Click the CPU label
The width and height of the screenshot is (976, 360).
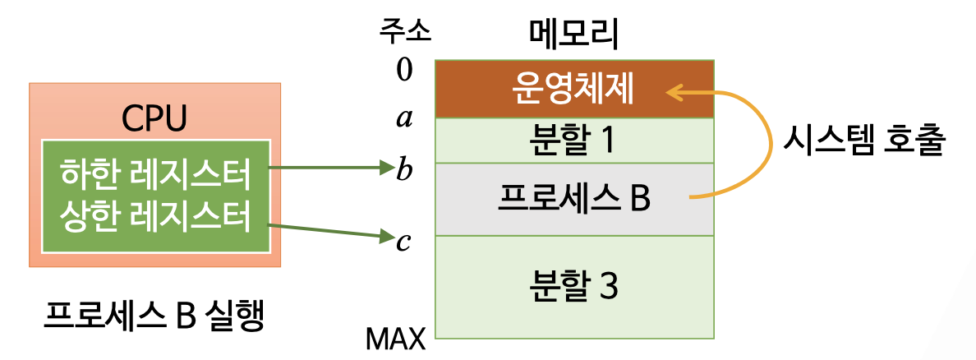pos(154,118)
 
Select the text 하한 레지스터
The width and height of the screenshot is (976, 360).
pos(154,174)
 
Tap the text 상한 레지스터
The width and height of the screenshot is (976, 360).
pos(154,217)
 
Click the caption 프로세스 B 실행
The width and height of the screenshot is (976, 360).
pos(154,316)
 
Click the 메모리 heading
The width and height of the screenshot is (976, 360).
pos(573,34)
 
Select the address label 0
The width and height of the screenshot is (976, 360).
pos(404,70)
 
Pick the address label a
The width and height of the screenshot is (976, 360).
pos(404,120)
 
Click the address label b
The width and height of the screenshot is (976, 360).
pos(404,170)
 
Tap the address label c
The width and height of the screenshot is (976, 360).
pos(404,243)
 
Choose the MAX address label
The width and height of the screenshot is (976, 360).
pos(396,338)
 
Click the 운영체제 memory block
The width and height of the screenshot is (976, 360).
pos(573,88)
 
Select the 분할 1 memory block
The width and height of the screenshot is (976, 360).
pos(573,141)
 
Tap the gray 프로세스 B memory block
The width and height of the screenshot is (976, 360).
pos(573,199)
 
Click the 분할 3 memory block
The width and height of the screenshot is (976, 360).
pos(573,286)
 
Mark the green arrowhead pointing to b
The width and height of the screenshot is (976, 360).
pos(389,169)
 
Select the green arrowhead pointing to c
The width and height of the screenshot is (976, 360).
pos(389,238)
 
